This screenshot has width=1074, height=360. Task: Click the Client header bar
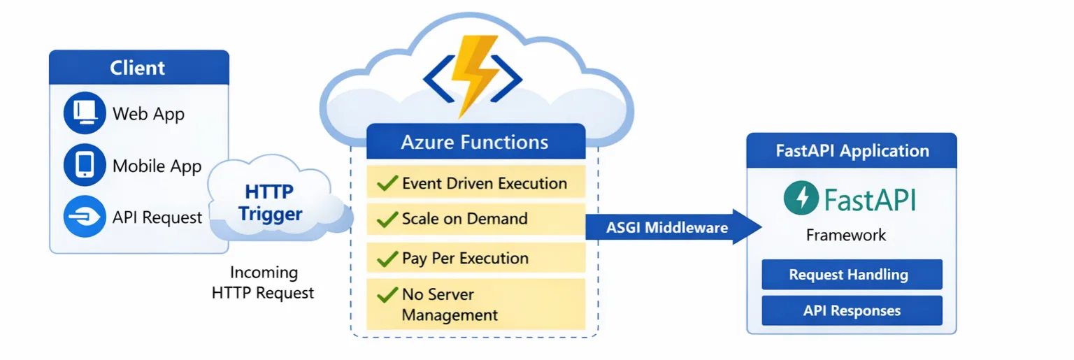click(x=138, y=68)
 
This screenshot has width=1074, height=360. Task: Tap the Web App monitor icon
click(x=84, y=113)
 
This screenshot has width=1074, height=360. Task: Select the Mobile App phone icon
click(x=84, y=165)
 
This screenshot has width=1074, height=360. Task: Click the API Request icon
click(x=84, y=217)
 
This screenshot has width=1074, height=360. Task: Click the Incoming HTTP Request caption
click(x=264, y=282)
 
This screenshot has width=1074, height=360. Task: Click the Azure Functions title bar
click(x=475, y=142)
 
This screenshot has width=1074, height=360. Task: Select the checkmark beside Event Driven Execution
click(x=387, y=183)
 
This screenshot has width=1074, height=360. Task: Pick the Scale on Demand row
click(x=475, y=219)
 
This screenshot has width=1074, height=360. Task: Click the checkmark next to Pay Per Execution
click(x=387, y=259)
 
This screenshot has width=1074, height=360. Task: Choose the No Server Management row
click(x=475, y=304)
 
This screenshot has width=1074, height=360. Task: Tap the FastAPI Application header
click(x=852, y=150)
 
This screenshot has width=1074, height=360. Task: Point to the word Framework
click(x=845, y=235)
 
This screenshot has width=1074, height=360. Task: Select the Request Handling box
click(x=851, y=275)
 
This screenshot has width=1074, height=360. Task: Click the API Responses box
click(x=851, y=310)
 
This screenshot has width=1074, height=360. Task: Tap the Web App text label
click(x=148, y=113)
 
